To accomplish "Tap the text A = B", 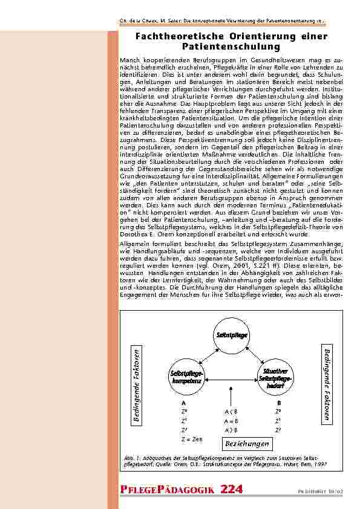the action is tap(231, 420).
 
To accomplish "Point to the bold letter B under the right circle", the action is tap(279, 402).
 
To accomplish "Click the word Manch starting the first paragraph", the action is tap(130, 60).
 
